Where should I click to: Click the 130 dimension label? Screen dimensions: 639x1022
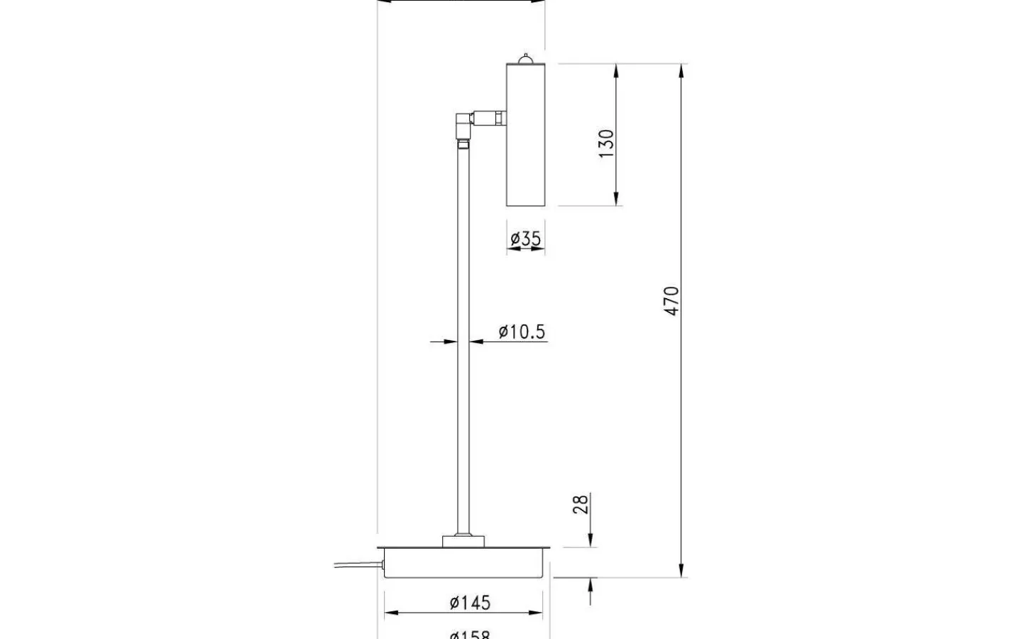pos(605,144)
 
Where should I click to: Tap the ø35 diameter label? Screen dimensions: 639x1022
pos(526,239)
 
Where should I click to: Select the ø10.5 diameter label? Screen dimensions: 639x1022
pos(522,331)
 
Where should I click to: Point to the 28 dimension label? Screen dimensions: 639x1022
pos(581,505)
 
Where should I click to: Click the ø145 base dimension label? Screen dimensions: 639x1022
pos(469,602)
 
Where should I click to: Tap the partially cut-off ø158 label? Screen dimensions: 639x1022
pos(469,634)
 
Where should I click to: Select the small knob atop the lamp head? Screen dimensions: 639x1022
pos(525,58)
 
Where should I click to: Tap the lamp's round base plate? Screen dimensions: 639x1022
pos(465,562)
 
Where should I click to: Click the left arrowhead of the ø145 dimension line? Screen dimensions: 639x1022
pos(390,612)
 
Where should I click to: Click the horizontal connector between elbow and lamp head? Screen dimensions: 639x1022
pos(490,116)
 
